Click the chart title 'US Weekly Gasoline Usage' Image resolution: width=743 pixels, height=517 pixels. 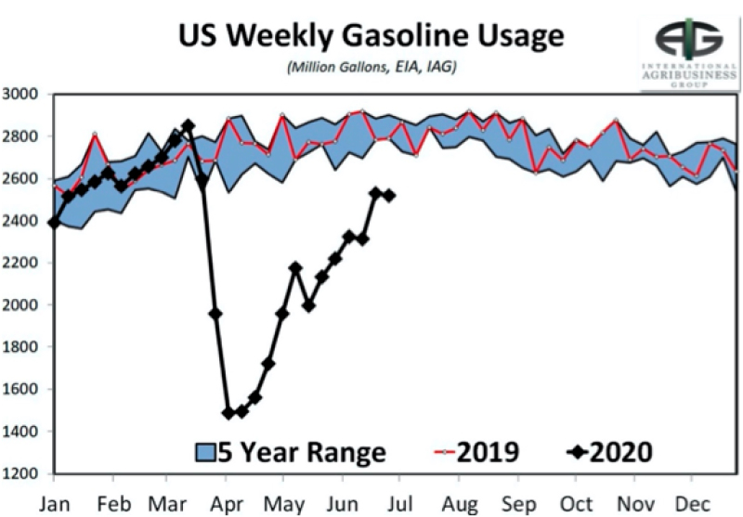pos(371,36)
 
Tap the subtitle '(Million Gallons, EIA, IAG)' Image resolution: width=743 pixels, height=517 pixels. pos(371,67)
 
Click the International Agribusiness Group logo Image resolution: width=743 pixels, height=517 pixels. pos(689,53)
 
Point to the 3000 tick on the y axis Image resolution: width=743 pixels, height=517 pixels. pos(20,94)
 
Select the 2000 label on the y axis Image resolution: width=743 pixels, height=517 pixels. pos(20,304)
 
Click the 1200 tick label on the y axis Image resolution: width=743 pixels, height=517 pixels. pos(20,473)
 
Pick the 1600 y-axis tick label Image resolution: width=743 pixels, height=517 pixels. pos(20,389)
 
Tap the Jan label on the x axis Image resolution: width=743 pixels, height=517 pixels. pos(54,504)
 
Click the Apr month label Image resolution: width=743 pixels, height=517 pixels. pos(226,505)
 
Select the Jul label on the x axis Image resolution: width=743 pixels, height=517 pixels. pos(399,504)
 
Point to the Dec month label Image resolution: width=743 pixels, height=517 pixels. pos(692,504)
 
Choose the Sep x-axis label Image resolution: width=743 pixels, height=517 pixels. pos(519,505)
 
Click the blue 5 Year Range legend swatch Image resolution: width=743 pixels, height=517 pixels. pos(205,452)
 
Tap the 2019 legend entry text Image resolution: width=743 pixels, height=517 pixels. pos(489,452)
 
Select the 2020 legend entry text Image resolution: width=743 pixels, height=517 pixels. pos(621,452)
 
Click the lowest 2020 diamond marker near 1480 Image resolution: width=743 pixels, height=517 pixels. pos(228,413)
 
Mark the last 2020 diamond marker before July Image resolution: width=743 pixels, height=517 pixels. pos(389,196)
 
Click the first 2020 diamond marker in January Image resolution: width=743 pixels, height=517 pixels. pos(54,222)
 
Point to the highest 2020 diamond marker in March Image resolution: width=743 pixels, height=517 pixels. pos(189,125)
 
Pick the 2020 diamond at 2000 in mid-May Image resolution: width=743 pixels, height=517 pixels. pos(309,306)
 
